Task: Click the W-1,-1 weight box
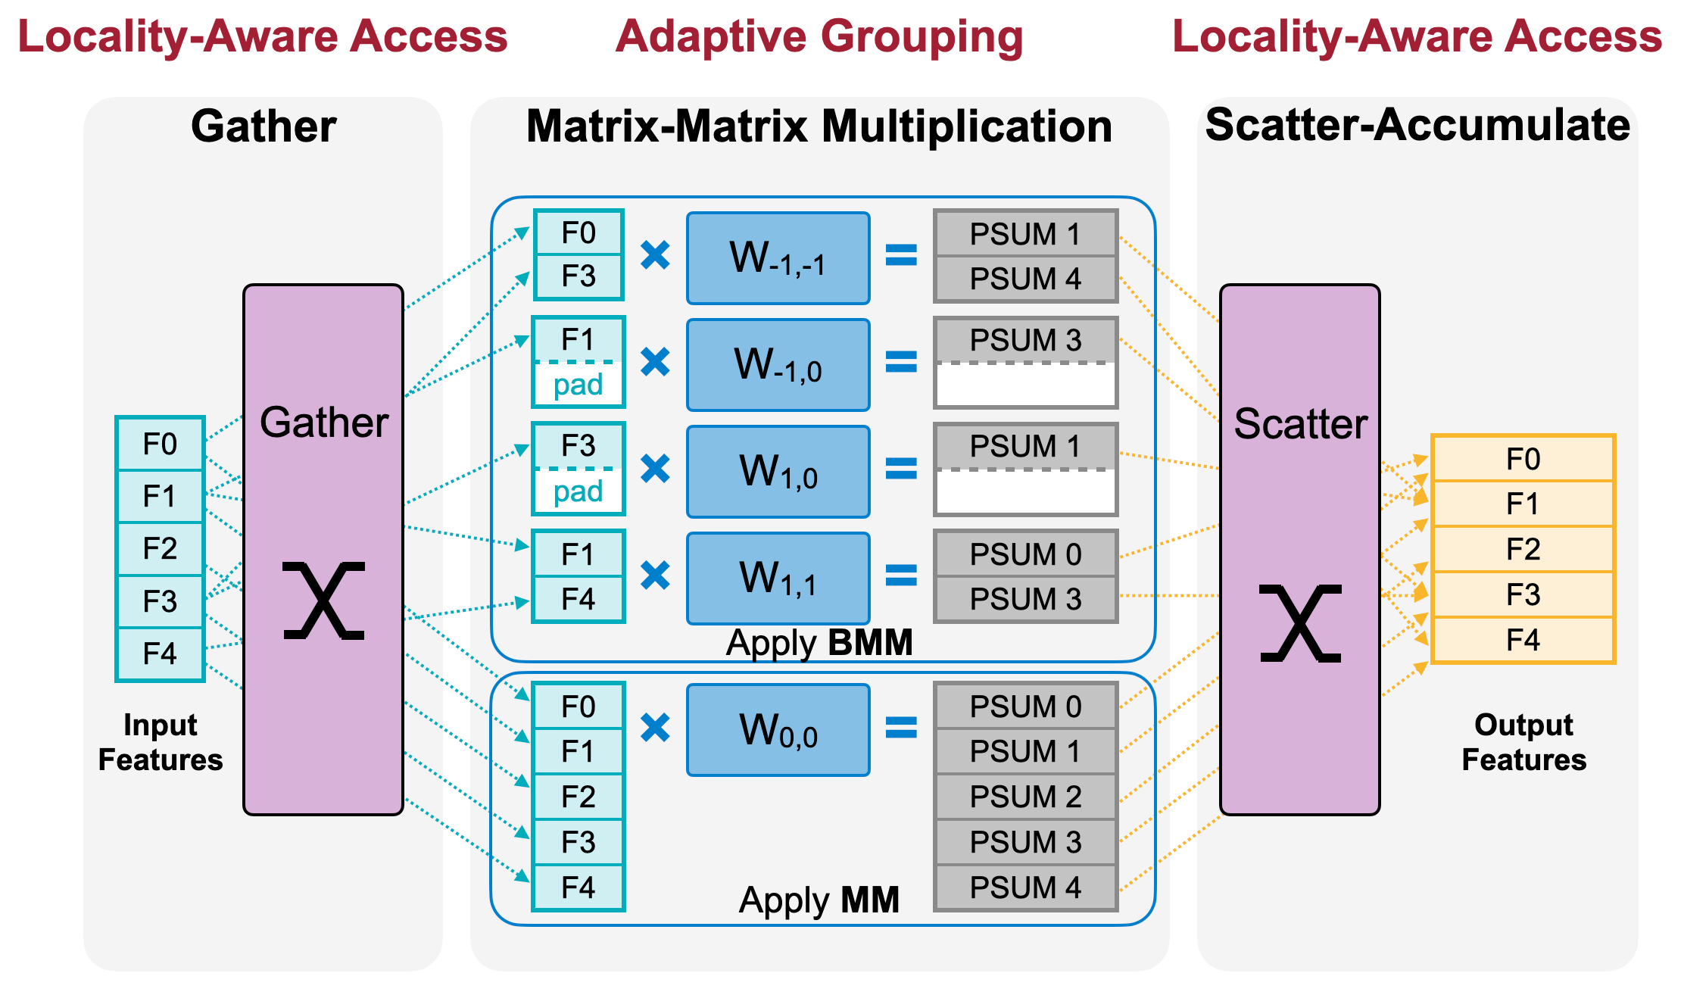[x=778, y=258]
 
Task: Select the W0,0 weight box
[x=778, y=730]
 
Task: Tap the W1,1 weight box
[x=778, y=578]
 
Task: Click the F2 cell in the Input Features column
[x=160, y=549]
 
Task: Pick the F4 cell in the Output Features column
[x=1523, y=641]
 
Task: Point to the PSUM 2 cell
[x=1025, y=797]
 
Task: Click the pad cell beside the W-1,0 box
[x=578, y=385]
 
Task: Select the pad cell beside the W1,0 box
[x=578, y=492]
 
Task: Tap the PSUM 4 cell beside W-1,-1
[x=1025, y=279]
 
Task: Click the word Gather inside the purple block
[x=324, y=423]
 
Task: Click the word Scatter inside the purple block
[x=1300, y=424]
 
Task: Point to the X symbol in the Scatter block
[x=1300, y=623]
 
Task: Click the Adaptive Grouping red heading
[x=819, y=36]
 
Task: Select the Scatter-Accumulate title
[x=1417, y=125]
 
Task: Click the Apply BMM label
[x=819, y=643]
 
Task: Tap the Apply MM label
[x=819, y=900]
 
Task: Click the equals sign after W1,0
[x=901, y=469]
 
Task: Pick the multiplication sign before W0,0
[x=655, y=728]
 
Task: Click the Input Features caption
[x=161, y=742]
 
